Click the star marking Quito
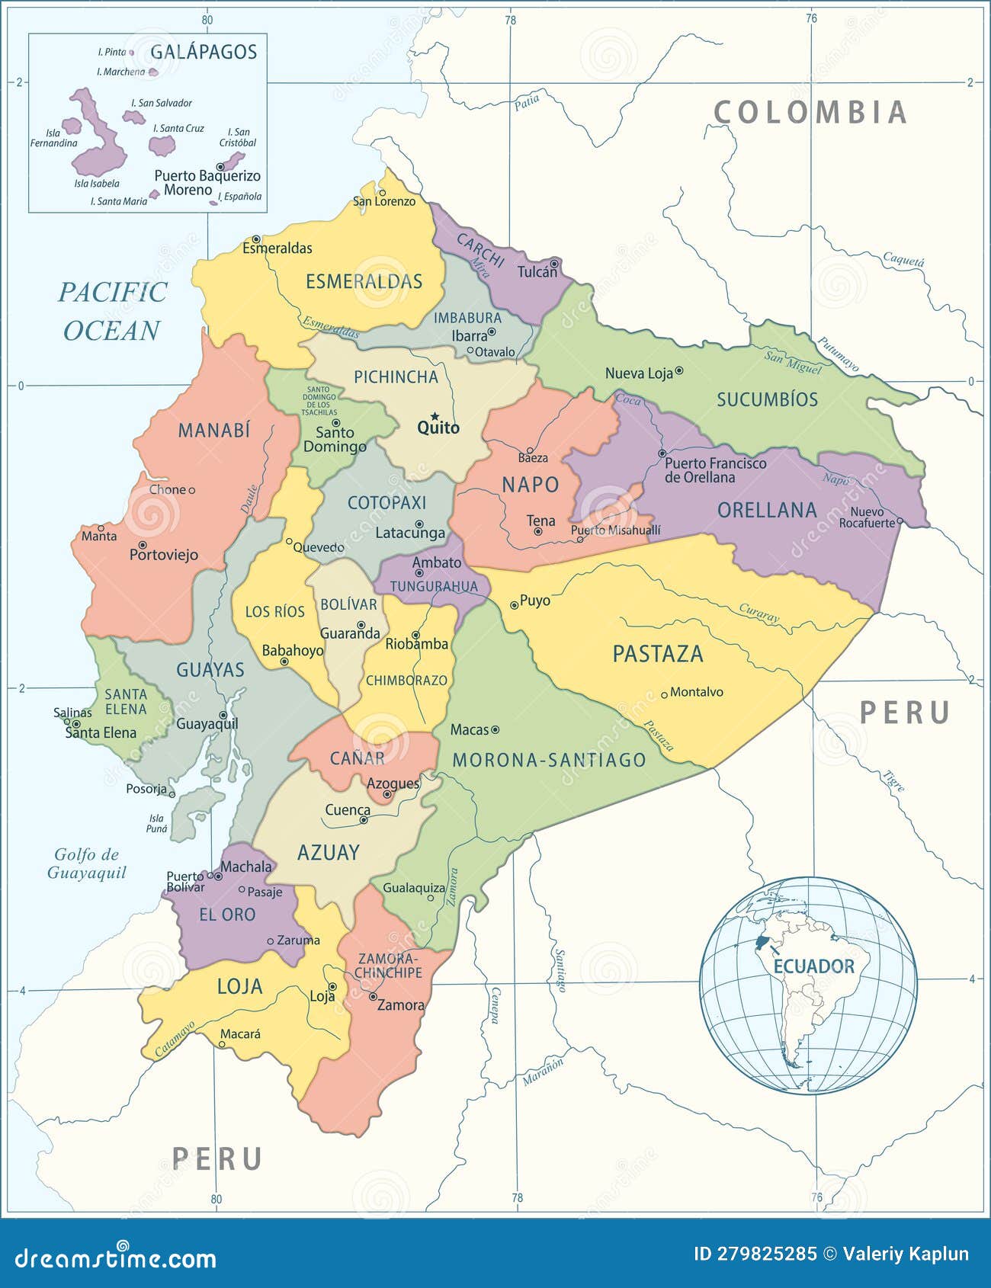pyautogui.click(x=435, y=416)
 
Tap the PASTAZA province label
pyautogui.click(x=657, y=654)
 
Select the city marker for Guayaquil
pyautogui.click(x=223, y=715)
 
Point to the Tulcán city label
pyautogui.click(x=537, y=272)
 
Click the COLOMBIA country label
pyautogui.click(x=810, y=113)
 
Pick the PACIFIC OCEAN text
pyautogui.click(x=113, y=311)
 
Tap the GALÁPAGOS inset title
pyautogui.click(x=204, y=52)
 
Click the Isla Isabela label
pyautogui.click(x=97, y=184)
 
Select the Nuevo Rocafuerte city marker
pyautogui.click(x=900, y=522)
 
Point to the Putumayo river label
pyautogui.click(x=839, y=354)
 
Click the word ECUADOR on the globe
pyautogui.click(x=813, y=966)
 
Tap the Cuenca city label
pyautogui.click(x=347, y=810)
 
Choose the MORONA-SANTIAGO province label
pyautogui.click(x=549, y=760)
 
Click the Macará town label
pyautogui.click(x=240, y=1034)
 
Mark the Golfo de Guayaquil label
pyautogui.click(x=86, y=863)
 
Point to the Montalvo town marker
pyautogui.click(x=664, y=694)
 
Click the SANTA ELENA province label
pyautogui.click(x=126, y=701)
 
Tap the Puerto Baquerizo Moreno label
pyautogui.click(x=207, y=183)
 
